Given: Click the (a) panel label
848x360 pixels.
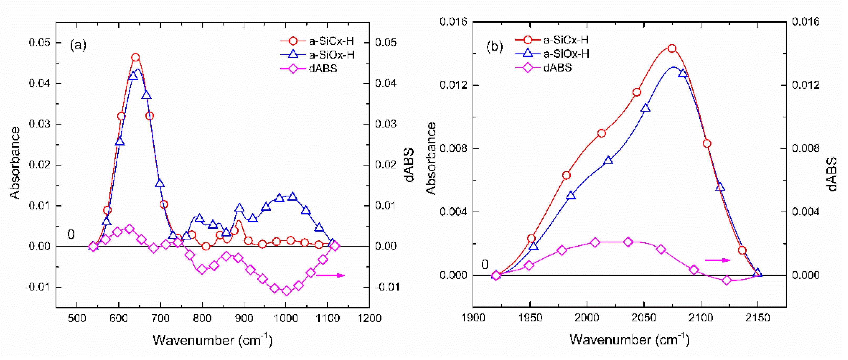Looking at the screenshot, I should (x=78, y=44).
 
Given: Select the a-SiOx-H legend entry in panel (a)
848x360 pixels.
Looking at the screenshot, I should (x=332, y=55).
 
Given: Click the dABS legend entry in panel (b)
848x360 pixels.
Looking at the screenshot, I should (x=557, y=68).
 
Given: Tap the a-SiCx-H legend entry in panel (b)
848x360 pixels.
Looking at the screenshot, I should (x=566, y=40).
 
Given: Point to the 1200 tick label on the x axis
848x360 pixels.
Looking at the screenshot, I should (x=369, y=318).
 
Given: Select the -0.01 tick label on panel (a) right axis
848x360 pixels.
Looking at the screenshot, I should (x=387, y=287).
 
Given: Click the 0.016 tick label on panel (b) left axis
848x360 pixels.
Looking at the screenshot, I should (x=453, y=22).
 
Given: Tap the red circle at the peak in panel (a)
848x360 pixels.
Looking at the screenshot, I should (x=135, y=57).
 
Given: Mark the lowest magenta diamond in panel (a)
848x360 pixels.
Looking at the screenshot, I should (x=287, y=291).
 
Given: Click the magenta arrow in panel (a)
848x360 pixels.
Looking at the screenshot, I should (x=330, y=275).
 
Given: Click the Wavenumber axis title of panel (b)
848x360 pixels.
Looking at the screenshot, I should (x=629, y=339).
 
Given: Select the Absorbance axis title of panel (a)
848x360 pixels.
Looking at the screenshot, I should (x=15, y=163).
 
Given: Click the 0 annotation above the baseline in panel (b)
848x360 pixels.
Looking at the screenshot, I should (x=485, y=264).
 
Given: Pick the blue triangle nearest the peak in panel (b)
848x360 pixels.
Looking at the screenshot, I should (x=683, y=73).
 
